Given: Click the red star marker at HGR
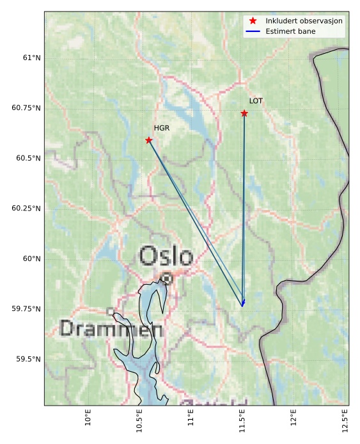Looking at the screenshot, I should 149,140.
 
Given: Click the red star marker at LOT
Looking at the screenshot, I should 244,113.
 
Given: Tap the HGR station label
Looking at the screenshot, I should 161,128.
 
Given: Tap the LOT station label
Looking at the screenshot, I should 256,101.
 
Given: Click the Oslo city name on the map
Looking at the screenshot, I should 166,257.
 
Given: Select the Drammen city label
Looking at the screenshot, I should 111,329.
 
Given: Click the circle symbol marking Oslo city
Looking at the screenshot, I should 167,278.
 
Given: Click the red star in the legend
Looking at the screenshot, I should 253,21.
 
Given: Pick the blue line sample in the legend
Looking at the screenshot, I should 253,31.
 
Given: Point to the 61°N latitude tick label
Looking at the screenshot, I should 31,58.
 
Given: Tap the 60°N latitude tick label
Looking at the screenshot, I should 31,259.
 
